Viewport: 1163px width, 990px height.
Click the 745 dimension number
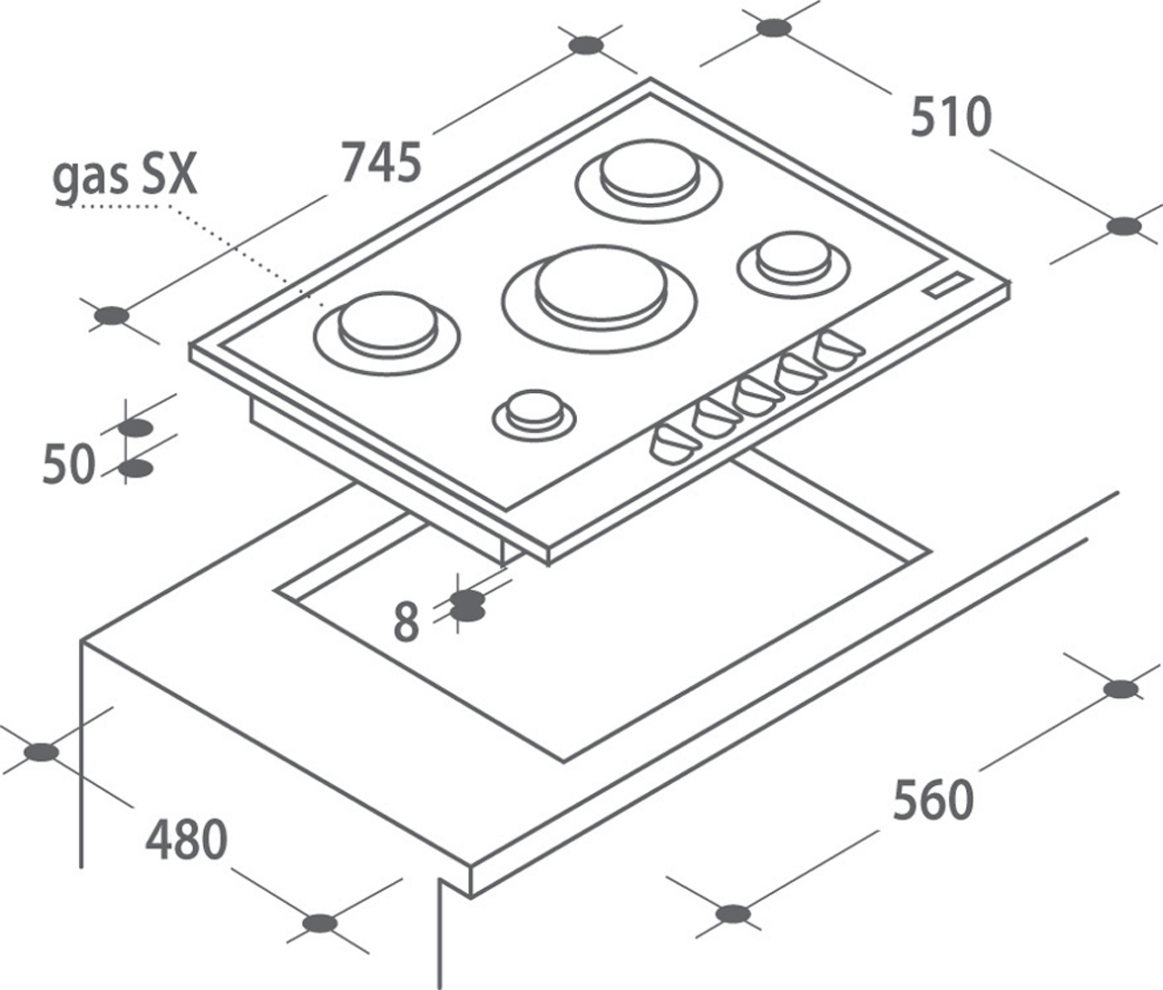point(381,162)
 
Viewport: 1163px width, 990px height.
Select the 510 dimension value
point(951,117)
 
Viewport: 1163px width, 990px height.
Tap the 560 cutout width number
point(932,799)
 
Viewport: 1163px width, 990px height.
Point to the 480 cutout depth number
point(186,840)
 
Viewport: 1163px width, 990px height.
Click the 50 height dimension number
point(69,464)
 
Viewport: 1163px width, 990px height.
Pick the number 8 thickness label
point(406,622)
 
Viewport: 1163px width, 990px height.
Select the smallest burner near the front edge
point(534,416)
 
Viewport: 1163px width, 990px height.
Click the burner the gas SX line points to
point(388,335)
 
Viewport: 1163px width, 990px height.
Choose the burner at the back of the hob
point(649,180)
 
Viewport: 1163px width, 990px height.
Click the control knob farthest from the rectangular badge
point(674,445)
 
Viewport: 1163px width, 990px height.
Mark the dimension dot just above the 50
point(135,429)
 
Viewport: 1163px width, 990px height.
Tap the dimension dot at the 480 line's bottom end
point(320,924)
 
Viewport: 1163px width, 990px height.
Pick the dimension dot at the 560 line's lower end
point(732,914)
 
